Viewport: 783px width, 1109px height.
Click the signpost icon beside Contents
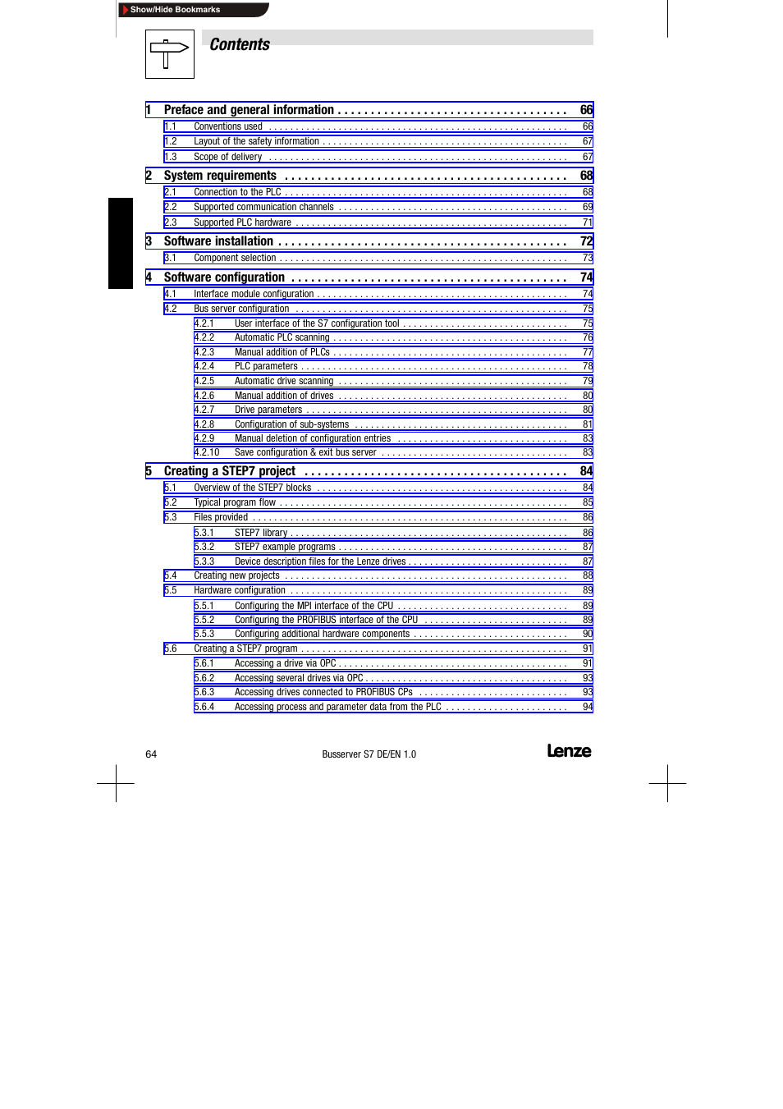point(169,54)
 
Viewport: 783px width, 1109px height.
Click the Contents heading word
point(240,45)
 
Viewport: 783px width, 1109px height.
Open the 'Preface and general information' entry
point(249,110)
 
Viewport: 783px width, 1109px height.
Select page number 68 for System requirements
point(586,176)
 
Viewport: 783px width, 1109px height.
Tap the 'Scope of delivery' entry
point(228,157)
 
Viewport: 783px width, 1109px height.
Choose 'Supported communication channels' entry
point(263,207)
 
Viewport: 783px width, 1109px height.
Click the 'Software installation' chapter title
point(218,241)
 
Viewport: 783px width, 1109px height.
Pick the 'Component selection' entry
point(235,258)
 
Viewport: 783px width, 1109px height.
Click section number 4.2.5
point(204,381)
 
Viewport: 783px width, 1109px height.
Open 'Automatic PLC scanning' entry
point(282,337)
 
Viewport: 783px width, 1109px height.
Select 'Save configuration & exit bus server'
point(305,452)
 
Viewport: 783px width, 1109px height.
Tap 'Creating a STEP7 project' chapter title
point(230,471)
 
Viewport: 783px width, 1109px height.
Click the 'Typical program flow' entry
point(235,502)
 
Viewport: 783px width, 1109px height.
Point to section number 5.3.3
point(204,561)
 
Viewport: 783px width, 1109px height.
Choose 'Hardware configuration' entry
point(240,590)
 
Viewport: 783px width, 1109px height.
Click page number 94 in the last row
point(588,707)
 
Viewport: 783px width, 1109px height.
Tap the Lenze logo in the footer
point(569,751)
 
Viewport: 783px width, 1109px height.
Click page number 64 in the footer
point(151,754)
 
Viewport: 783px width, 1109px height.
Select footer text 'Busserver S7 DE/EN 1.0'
point(369,754)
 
